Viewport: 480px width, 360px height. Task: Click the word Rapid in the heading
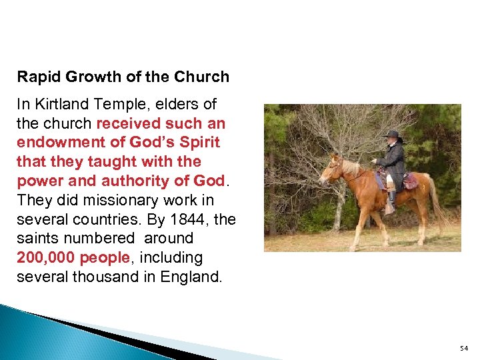tap(37, 77)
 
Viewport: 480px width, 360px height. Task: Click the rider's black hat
tap(393, 135)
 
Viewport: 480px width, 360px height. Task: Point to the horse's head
tap(331, 169)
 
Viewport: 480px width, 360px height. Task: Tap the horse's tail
tap(439, 200)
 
